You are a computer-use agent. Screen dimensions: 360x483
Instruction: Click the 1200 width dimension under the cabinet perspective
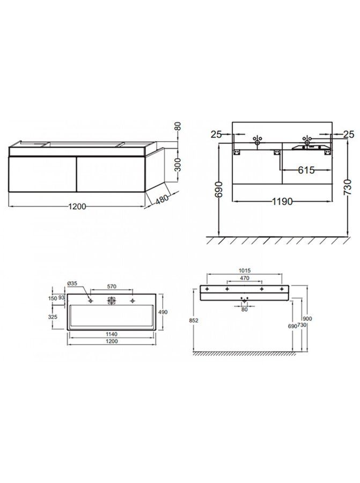(77, 207)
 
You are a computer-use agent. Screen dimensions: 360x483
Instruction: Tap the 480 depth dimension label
(161, 199)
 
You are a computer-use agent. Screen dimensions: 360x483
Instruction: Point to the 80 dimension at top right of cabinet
(178, 127)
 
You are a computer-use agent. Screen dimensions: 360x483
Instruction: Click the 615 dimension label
(306, 170)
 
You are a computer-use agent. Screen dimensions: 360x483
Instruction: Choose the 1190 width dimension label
(282, 201)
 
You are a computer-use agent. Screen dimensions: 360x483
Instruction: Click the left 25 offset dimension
(216, 134)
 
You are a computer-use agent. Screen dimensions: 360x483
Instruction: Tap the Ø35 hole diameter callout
(72, 283)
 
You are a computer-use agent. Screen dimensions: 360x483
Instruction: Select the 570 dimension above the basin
(112, 287)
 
